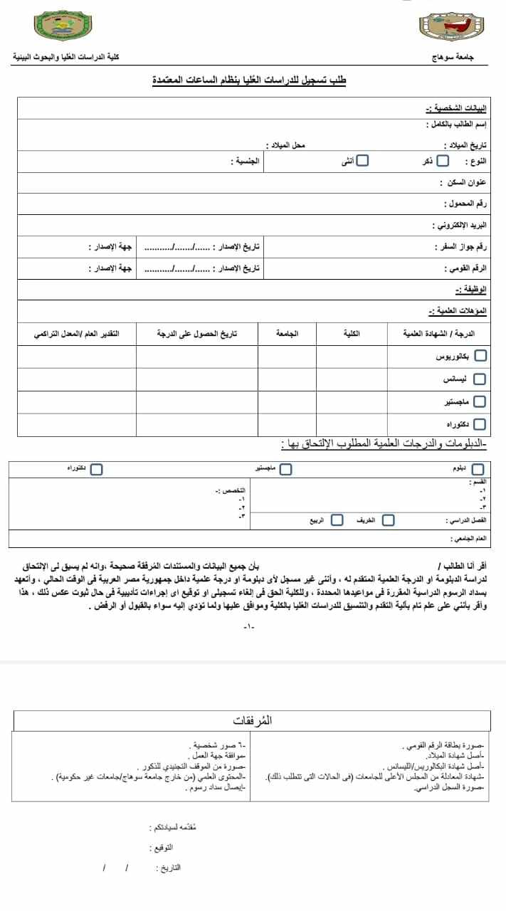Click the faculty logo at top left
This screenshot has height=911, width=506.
point(63,27)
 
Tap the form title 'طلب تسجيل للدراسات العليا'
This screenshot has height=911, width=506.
point(250,81)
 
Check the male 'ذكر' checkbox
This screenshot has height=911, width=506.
point(443,161)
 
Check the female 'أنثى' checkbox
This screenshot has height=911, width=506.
point(362,161)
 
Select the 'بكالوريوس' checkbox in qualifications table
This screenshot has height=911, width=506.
point(480,355)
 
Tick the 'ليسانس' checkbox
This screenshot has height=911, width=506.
point(480,379)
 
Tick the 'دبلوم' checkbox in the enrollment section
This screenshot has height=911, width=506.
point(478,469)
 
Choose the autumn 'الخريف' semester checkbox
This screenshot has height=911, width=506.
point(388,520)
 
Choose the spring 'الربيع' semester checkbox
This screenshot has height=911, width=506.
point(337,520)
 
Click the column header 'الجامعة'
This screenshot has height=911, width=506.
point(287,333)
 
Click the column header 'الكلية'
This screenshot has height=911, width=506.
point(352,333)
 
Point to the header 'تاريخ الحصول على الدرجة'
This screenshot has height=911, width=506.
point(197,333)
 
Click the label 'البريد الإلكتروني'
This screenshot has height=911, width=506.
point(460,226)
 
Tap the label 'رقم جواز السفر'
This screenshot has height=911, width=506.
point(460,247)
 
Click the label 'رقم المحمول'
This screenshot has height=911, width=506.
point(467,204)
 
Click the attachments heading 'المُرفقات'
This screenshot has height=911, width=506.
point(253,720)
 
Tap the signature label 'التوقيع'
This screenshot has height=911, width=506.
point(163,848)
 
